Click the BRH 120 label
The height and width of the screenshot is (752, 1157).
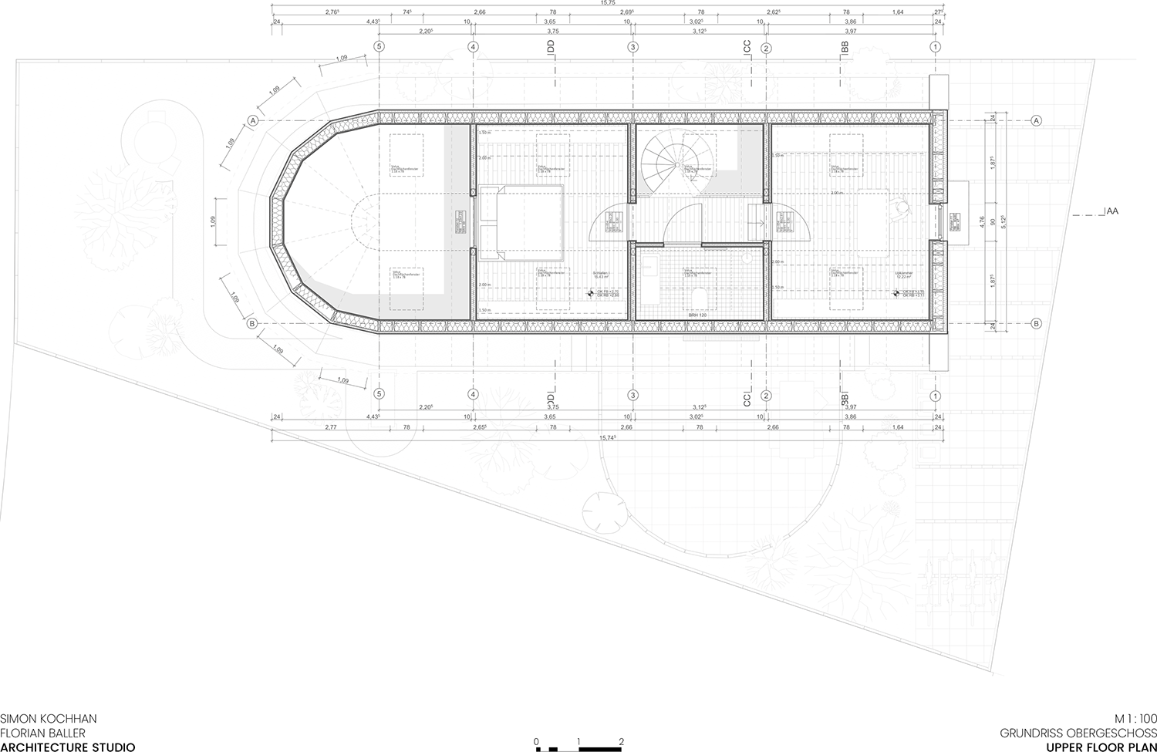[697, 315]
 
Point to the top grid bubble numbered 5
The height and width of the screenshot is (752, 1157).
[378, 46]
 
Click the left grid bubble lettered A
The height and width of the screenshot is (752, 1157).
[252, 120]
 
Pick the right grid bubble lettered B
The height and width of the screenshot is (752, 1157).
[1036, 323]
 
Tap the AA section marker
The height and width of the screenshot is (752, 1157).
[1112, 211]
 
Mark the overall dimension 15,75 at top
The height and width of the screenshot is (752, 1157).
[608, 4]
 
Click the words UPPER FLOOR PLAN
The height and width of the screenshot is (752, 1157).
[1101, 747]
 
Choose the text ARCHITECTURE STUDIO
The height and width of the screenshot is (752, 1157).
[68, 747]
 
